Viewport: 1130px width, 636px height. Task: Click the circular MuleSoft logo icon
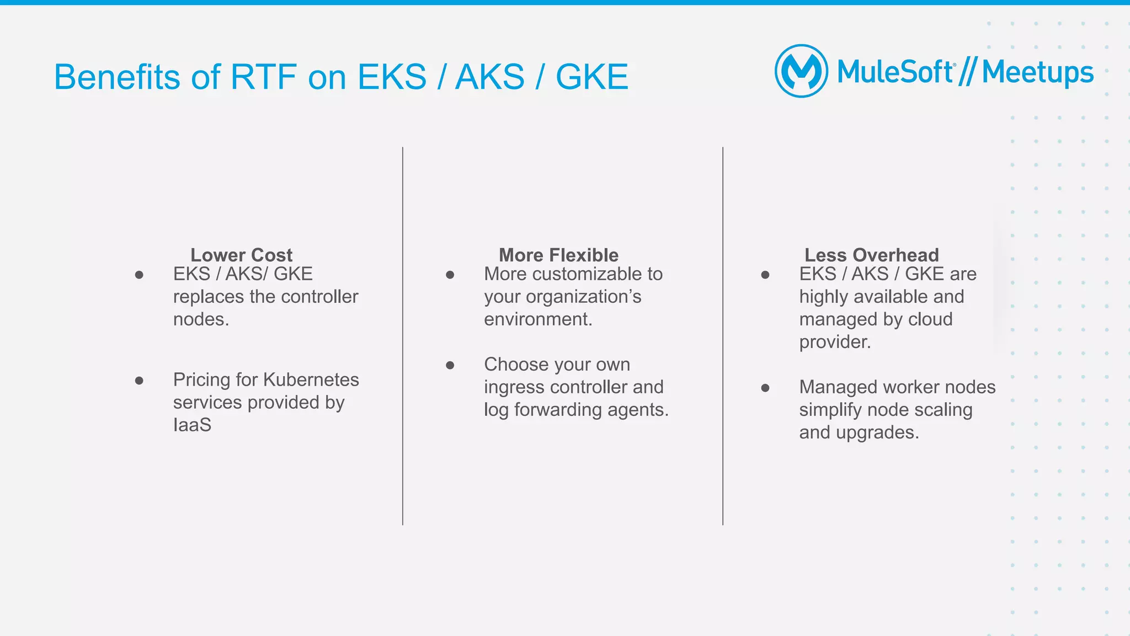801,71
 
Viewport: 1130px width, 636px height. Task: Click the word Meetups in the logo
1037,72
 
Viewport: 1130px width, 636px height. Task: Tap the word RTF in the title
263,77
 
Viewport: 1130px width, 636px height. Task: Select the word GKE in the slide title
591,77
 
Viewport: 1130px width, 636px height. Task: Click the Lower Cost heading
241,255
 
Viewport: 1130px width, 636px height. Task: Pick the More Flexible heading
558,255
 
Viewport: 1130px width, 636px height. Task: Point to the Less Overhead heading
871,255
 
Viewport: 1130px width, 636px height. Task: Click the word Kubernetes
311,380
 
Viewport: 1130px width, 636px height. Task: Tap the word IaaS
192,425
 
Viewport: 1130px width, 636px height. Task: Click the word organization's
584,297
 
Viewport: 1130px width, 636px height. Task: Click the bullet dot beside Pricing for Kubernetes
139,381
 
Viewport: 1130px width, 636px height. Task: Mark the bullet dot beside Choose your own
450,365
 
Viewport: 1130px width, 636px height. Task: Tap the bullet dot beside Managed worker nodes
765,388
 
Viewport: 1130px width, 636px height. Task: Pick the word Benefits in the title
117,77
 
